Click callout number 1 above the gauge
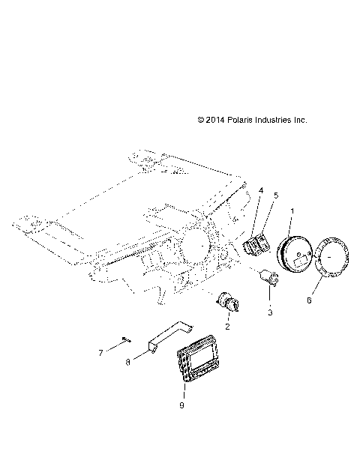(292, 211)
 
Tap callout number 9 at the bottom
(181, 405)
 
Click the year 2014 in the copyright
(217, 120)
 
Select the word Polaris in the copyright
(244, 120)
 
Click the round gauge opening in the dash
(197, 245)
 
